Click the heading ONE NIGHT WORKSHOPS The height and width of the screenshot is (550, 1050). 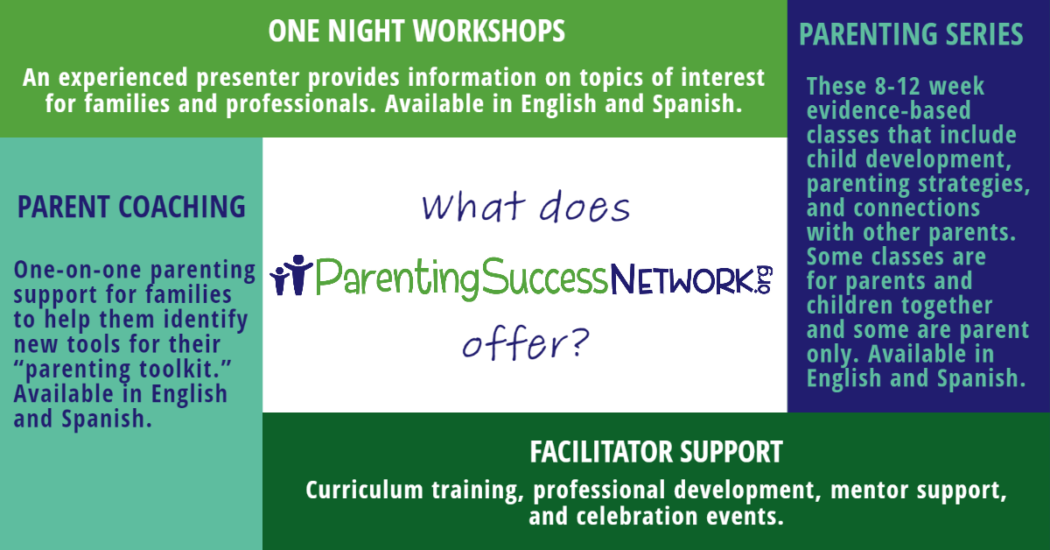pos(416,32)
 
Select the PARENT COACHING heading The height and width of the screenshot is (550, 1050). pos(131,208)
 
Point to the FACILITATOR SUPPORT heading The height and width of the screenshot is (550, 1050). pos(655,453)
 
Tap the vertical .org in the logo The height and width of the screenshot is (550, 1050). pos(766,280)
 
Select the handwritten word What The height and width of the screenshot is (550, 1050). pos(468,208)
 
